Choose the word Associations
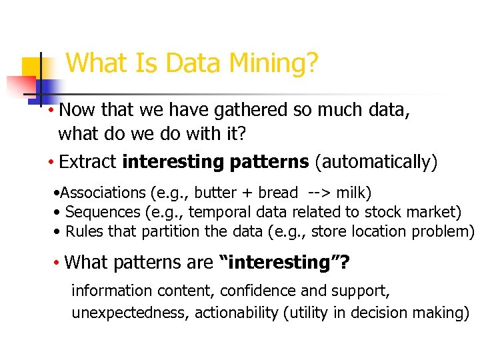click(x=103, y=193)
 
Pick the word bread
click(x=277, y=193)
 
